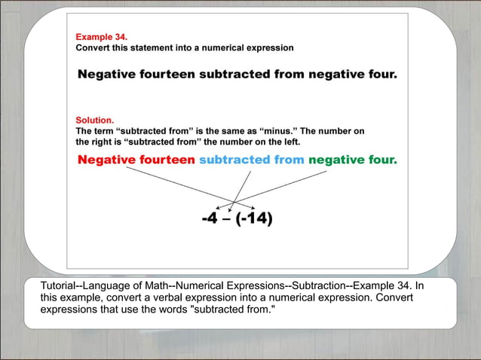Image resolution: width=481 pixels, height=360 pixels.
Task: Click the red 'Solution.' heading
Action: [95, 120]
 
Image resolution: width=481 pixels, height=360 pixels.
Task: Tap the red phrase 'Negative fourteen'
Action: [136, 160]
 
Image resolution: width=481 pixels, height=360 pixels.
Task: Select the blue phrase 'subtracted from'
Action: [252, 160]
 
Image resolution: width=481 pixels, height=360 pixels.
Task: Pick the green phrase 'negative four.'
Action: [352, 160]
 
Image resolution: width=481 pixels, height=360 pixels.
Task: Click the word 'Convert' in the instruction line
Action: [94, 47]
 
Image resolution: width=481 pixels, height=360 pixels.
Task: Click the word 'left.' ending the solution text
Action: [287, 142]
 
